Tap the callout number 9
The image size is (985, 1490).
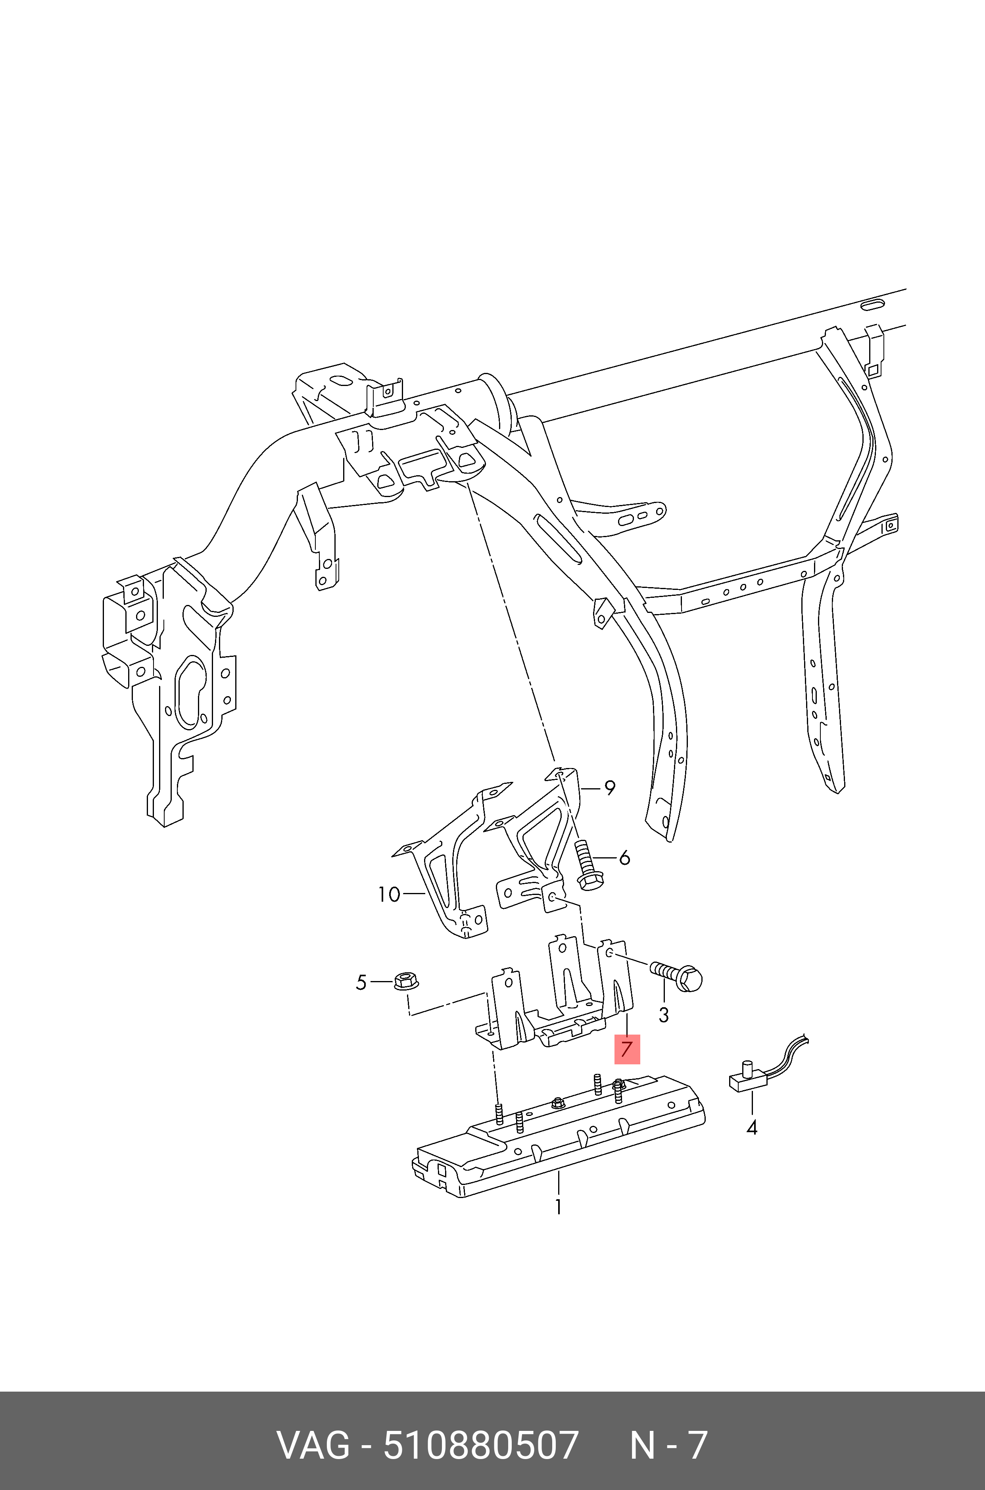click(609, 788)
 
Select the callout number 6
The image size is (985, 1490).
click(624, 858)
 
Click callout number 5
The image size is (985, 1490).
click(361, 983)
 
